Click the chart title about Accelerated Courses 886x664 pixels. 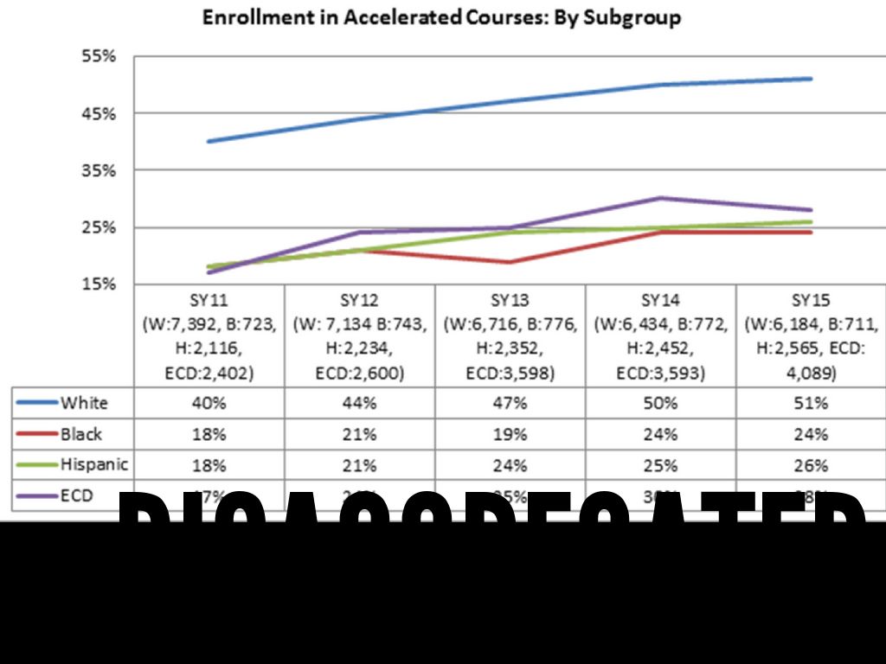pos(441,17)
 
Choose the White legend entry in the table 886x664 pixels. pos(84,403)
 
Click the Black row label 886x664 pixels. pos(81,434)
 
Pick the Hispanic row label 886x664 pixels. pos(93,465)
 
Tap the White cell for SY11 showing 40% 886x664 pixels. pos(209,403)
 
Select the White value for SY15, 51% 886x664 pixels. pos(811,403)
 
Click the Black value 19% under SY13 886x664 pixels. pos(510,434)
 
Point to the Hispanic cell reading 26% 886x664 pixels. pos(811,465)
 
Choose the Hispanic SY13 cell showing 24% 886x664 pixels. pos(510,465)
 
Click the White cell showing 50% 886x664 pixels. pos(660,403)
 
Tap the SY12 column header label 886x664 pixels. pos(359,301)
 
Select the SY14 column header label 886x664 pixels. pos(660,301)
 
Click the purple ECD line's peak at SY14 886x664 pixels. pos(660,198)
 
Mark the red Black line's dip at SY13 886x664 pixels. pos(510,262)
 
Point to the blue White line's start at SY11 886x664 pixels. pos(209,141)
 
